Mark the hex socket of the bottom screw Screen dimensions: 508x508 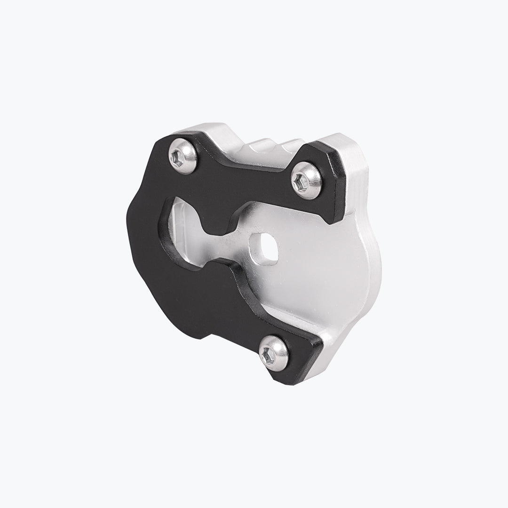coord(270,352)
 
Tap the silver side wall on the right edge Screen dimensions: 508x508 coord(372,263)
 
